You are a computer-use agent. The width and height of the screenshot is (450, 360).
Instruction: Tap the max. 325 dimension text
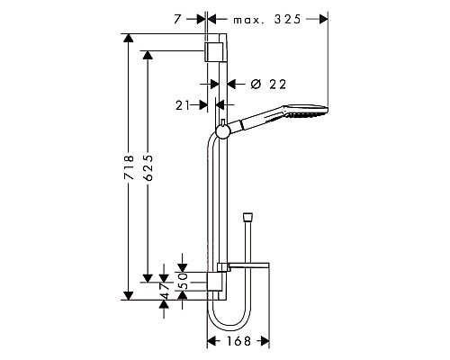click(x=267, y=18)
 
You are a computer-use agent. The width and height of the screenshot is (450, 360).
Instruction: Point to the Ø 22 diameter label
click(x=265, y=84)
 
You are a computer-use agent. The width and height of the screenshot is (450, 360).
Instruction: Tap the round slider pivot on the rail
click(x=223, y=131)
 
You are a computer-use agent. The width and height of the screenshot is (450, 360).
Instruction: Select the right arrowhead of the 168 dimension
click(x=266, y=341)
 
